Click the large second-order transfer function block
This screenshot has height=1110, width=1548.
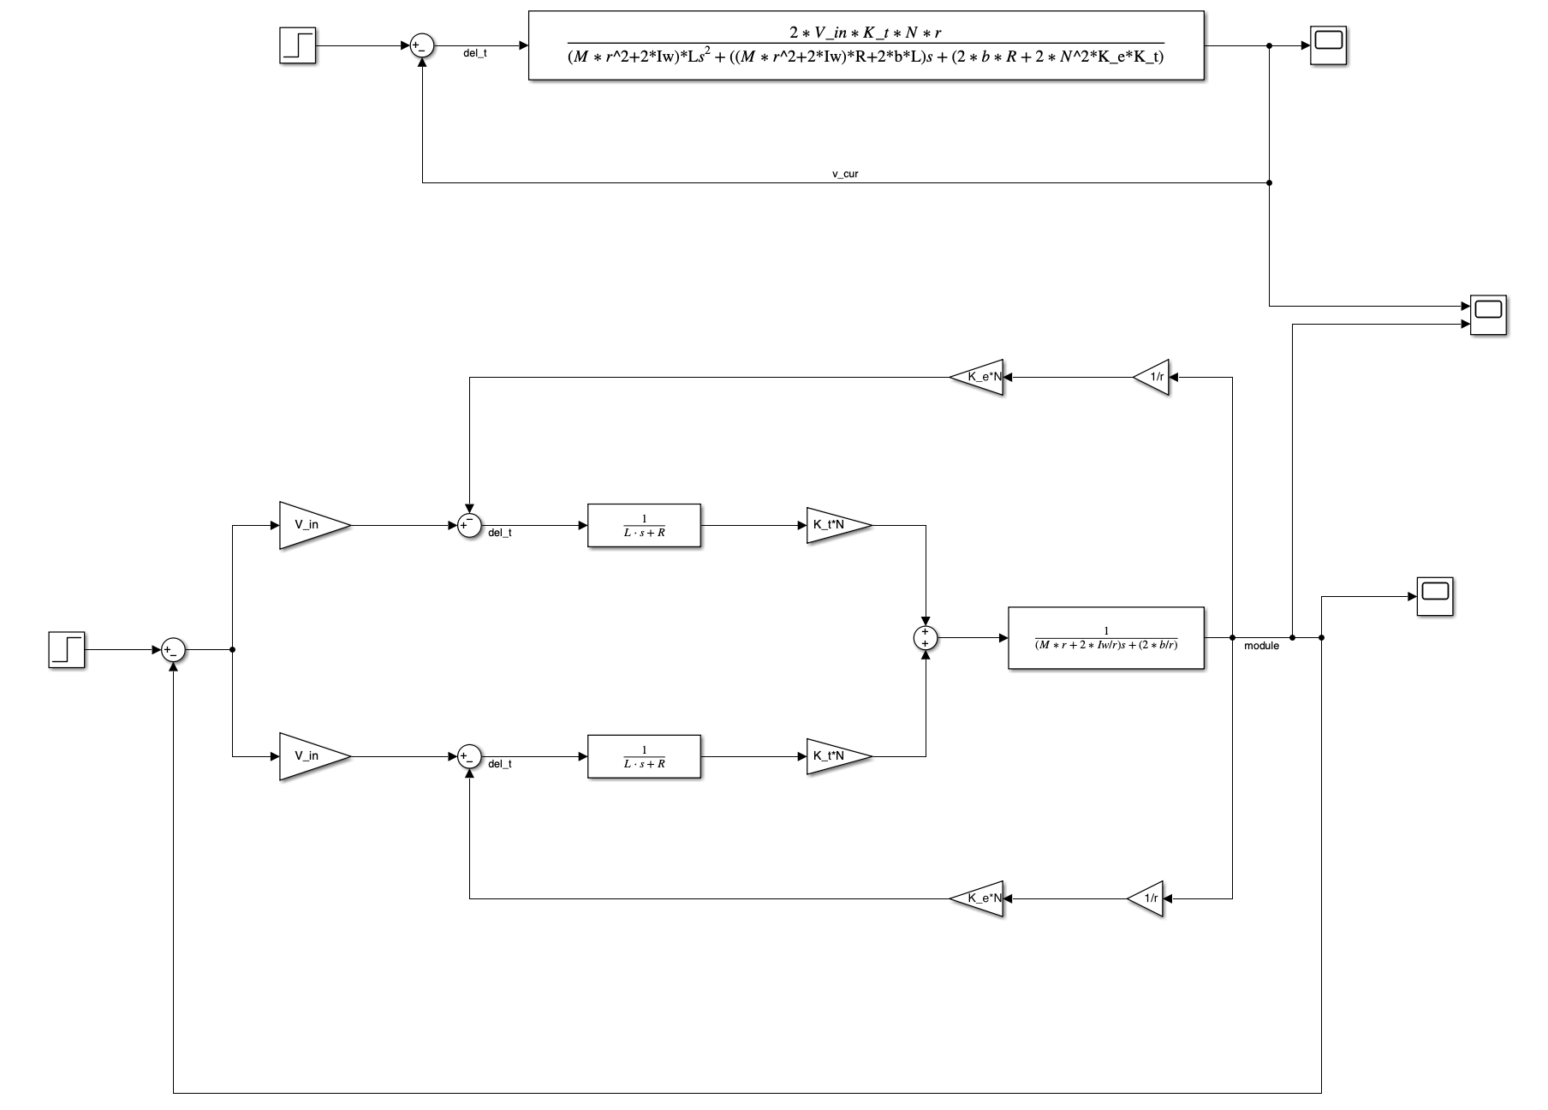866,45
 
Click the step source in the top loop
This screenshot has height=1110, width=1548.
298,45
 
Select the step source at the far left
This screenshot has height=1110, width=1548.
67,649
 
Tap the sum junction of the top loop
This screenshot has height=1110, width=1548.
422,46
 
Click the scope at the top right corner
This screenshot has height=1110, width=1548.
1330,45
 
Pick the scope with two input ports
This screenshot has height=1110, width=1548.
1488,315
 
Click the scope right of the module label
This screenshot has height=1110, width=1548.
1434,596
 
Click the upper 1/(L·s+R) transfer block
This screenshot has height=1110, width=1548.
644,525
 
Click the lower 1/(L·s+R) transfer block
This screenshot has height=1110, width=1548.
644,756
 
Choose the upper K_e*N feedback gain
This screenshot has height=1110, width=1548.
978,377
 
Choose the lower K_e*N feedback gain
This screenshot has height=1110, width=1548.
978,898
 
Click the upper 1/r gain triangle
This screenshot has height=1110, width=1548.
1152,377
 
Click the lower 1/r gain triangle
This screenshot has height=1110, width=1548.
1147,898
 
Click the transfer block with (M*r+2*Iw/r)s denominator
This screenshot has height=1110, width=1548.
1106,638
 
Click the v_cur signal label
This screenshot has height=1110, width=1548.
845,174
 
